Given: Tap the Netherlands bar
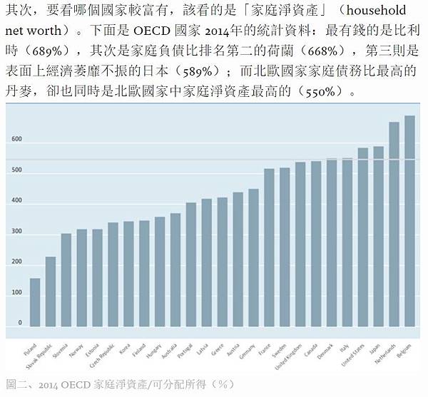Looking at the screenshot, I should tap(394, 228).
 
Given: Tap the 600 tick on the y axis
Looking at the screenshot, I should tap(16, 140).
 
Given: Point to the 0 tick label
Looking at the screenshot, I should tap(20, 323).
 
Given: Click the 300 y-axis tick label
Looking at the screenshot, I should tap(16, 232).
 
